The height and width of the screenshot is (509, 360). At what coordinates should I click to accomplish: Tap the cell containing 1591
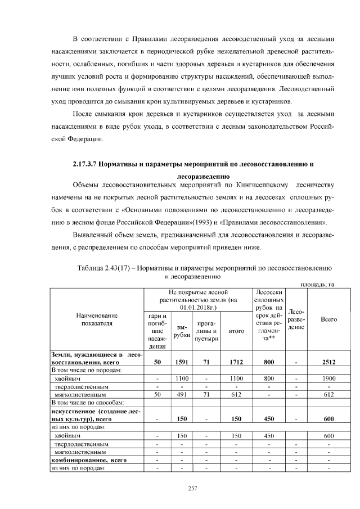coord(182,363)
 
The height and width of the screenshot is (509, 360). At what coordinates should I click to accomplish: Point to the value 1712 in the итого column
coord(236,363)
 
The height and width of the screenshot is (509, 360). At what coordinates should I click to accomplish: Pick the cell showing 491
coord(182,395)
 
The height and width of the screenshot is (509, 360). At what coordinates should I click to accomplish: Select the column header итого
coord(236,331)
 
